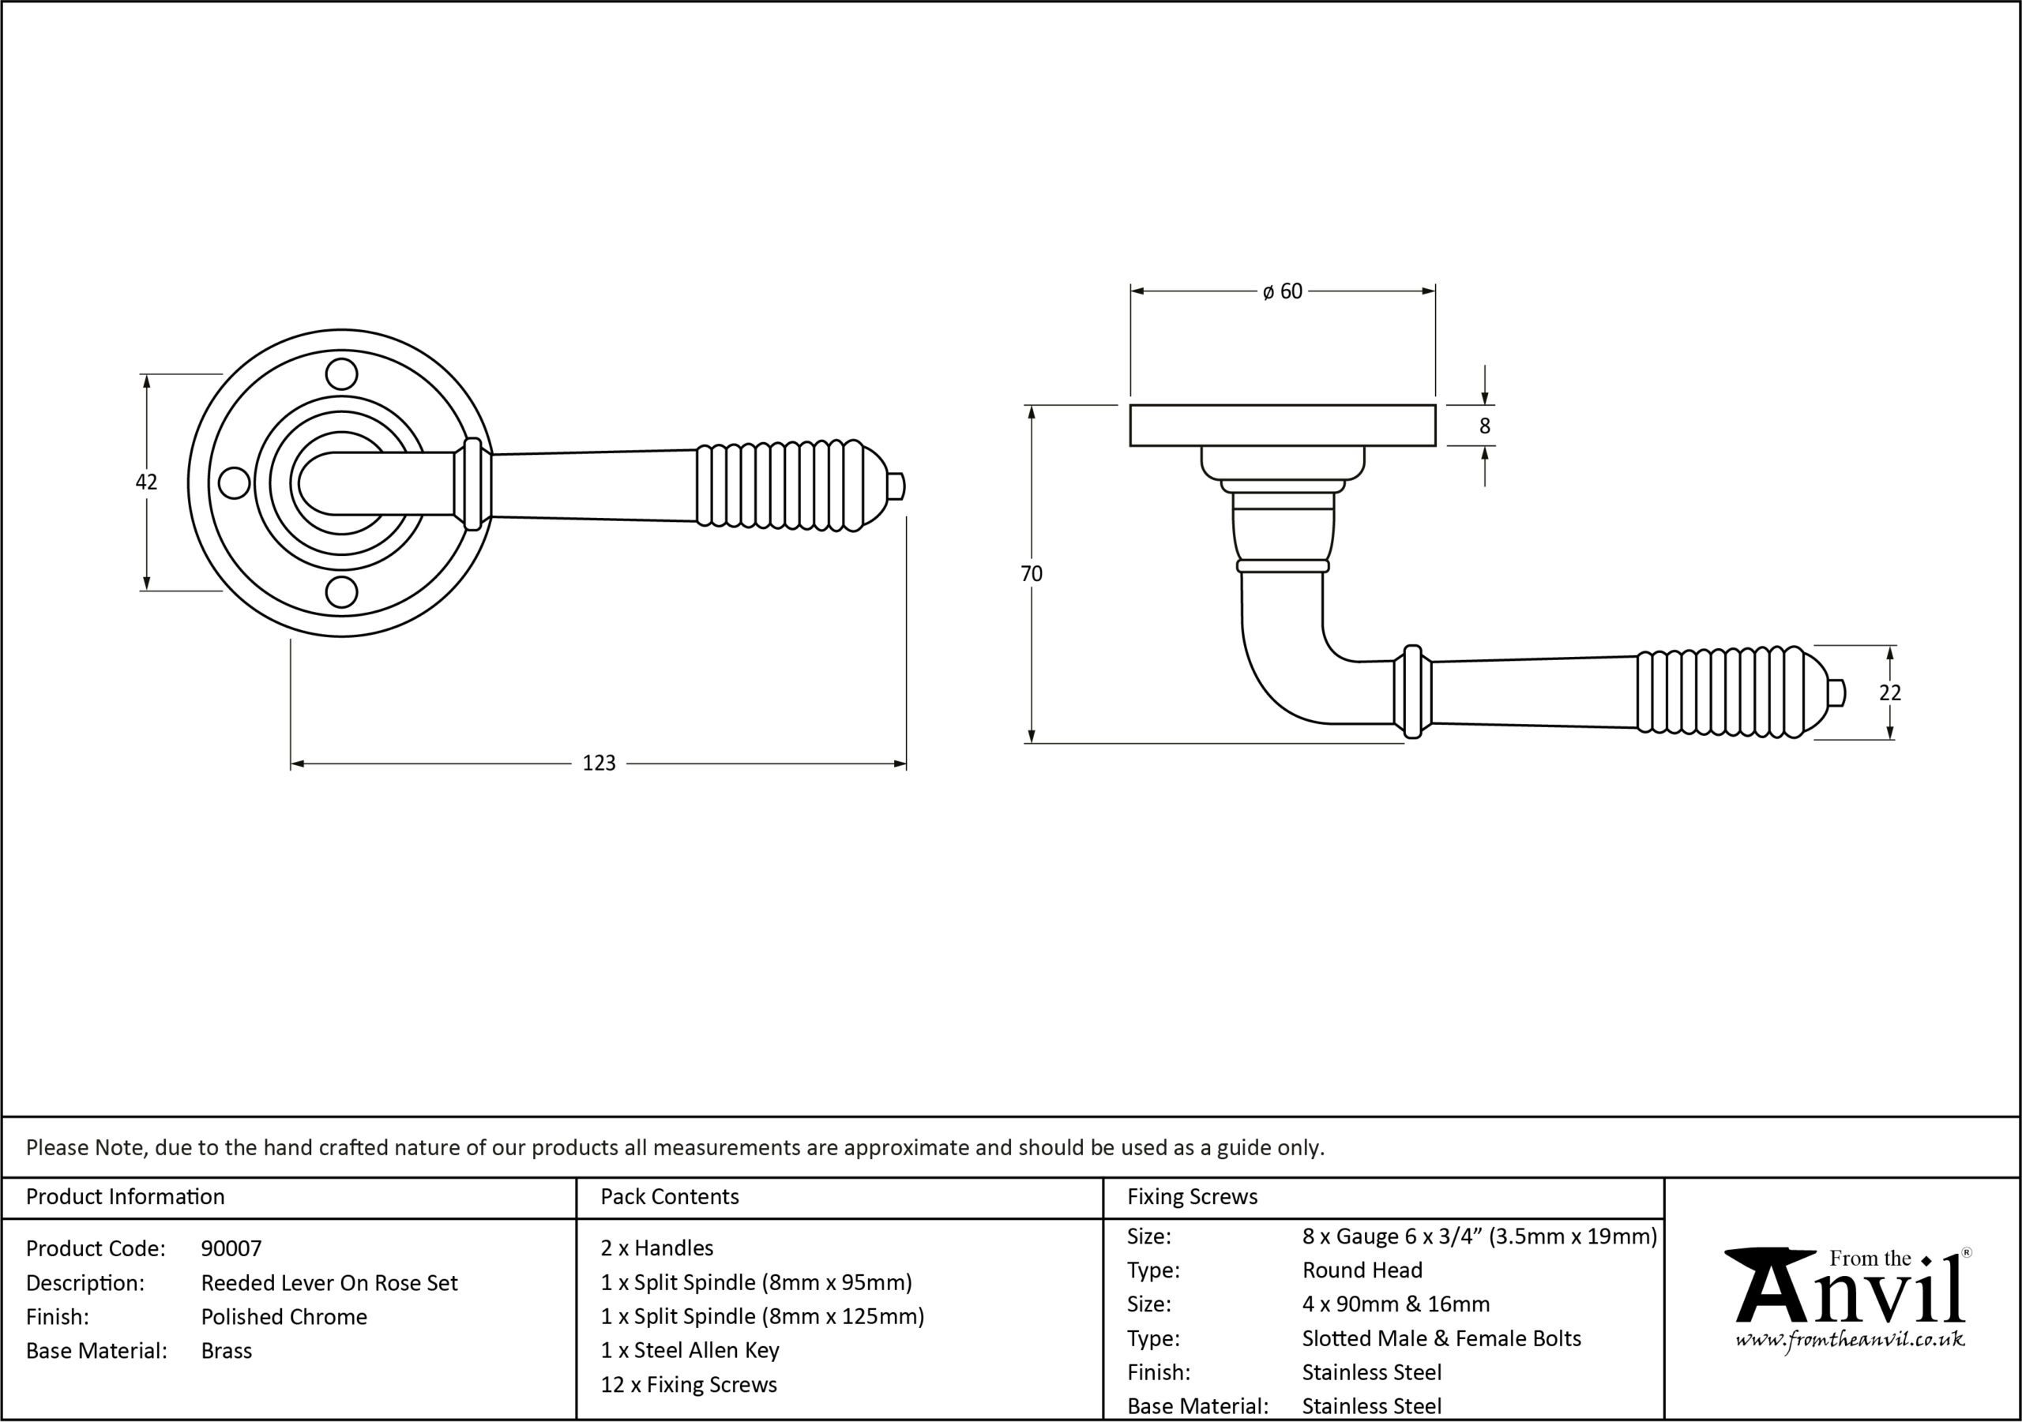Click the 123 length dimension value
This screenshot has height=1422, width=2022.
click(599, 763)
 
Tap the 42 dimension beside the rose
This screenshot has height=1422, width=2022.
click(146, 482)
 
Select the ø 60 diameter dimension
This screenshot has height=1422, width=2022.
click(1282, 291)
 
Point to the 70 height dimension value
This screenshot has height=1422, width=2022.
click(1032, 573)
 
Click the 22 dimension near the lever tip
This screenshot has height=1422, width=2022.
click(1890, 693)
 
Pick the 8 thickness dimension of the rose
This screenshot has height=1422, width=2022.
click(1485, 426)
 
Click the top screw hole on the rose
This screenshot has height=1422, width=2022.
click(342, 374)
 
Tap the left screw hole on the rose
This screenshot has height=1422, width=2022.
click(233, 482)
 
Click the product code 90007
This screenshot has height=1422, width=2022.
click(231, 1248)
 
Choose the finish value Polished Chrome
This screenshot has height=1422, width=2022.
click(284, 1316)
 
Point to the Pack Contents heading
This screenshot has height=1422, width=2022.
click(669, 1197)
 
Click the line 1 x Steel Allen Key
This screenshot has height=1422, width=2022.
click(690, 1350)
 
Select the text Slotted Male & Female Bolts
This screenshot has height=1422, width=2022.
click(1441, 1338)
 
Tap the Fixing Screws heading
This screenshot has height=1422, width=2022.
click(1193, 1197)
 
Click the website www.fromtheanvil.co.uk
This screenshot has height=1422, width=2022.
click(1851, 1339)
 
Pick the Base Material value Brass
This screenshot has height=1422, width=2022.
click(227, 1351)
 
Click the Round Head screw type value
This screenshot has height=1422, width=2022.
click(1362, 1270)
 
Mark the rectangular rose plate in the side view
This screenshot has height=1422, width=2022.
click(1282, 426)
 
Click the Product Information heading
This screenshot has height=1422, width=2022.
click(125, 1197)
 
